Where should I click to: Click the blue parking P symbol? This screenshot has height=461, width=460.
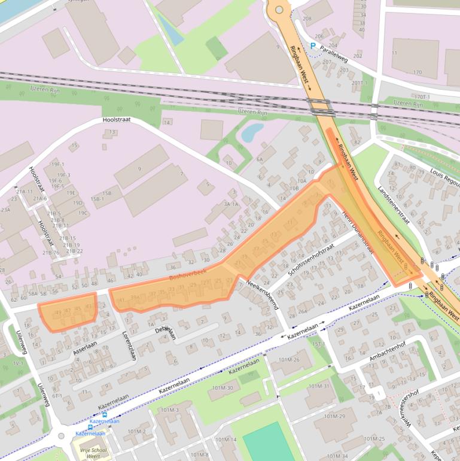(x=313, y=46)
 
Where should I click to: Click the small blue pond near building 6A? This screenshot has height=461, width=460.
(x=251, y=132)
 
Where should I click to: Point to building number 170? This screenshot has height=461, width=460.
(x=417, y=72)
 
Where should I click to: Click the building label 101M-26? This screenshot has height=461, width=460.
(x=289, y=359)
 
